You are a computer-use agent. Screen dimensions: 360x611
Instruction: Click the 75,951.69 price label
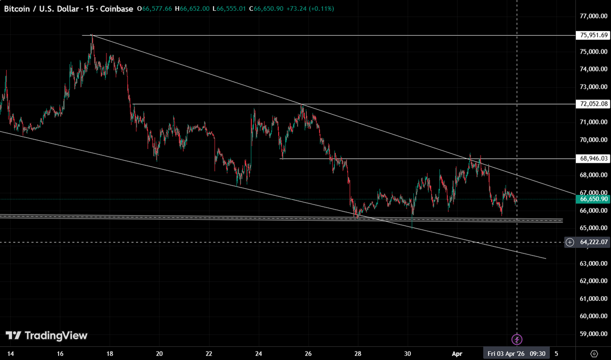pyautogui.click(x=594, y=35)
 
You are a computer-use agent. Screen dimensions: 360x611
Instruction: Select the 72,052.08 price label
pyautogui.click(x=594, y=104)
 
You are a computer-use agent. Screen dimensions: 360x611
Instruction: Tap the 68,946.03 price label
pyautogui.click(x=594, y=159)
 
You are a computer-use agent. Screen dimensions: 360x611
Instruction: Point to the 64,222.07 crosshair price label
pyautogui.click(x=594, y=242)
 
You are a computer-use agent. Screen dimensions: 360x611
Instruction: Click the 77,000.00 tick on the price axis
pyautogui.click(x=594, y=16)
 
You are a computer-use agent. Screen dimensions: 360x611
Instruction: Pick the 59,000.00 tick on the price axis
pyautogui.click(x=594, y=334)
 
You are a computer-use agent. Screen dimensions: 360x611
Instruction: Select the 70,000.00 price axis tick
pyautogui.click(x=594, y=140)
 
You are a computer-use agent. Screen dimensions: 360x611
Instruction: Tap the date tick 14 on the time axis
pyautogui.click(x=10, y=353)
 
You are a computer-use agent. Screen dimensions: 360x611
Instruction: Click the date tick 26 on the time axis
pyautogui.click(x=308, y=353)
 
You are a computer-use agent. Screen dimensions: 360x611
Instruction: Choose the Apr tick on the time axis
pyautogui.click(x=457, y=353)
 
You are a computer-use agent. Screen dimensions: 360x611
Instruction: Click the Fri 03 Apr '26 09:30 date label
pyautogui.click(x=517, y=353)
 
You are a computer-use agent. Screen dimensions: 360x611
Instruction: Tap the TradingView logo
pyautogui.click(x=46, y=336)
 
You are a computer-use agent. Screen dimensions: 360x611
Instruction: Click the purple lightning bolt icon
pyautogui.click(x=517, y=339)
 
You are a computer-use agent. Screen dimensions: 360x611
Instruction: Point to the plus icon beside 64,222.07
pyautogui.click(x=570, y=242)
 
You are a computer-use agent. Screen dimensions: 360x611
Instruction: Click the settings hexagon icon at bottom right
pyautogui.click(x=594, y=353)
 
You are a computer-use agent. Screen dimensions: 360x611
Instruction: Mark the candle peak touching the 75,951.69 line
pyautogui.click(x=92, y=36)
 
